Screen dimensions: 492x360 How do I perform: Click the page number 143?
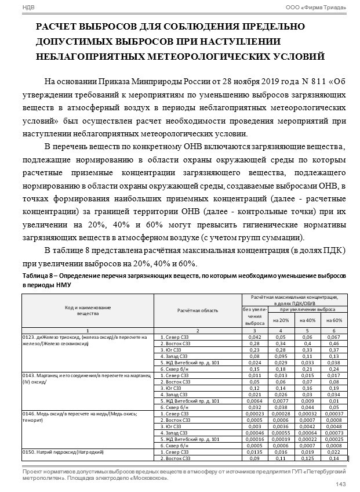click(341, 484)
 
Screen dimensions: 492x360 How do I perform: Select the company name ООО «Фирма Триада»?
click(317, 6)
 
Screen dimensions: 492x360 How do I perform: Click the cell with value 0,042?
click(254, 337)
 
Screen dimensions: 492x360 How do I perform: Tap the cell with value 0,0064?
click(254, 400)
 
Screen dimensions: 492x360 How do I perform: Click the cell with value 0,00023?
click(254, 413)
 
